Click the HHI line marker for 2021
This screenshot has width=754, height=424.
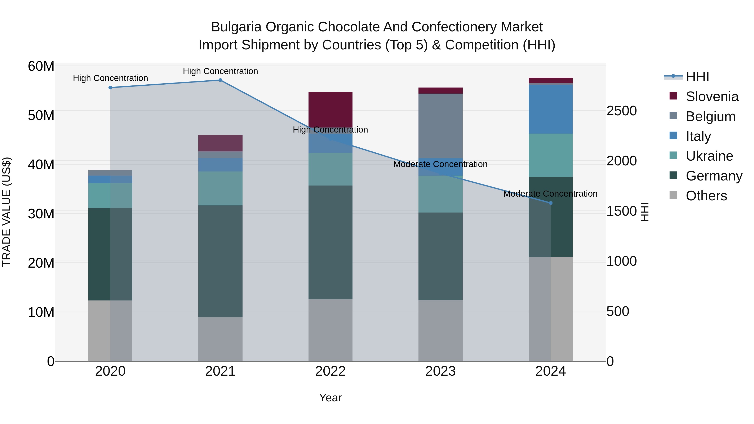[220, 80]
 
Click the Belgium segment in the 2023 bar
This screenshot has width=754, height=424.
[440, 126]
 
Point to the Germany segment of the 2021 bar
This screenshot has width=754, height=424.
[220, 261]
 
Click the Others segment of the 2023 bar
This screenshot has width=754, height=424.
[440, 331]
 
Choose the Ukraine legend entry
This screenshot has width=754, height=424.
[709, 156]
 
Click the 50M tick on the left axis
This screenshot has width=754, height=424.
[41, 116]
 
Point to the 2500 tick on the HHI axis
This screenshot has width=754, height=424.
[621, 111]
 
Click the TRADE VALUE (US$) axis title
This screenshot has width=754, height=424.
[6, 212]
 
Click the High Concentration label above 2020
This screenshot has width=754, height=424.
[110, 78]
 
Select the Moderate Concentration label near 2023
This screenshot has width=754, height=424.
[440, 164]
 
